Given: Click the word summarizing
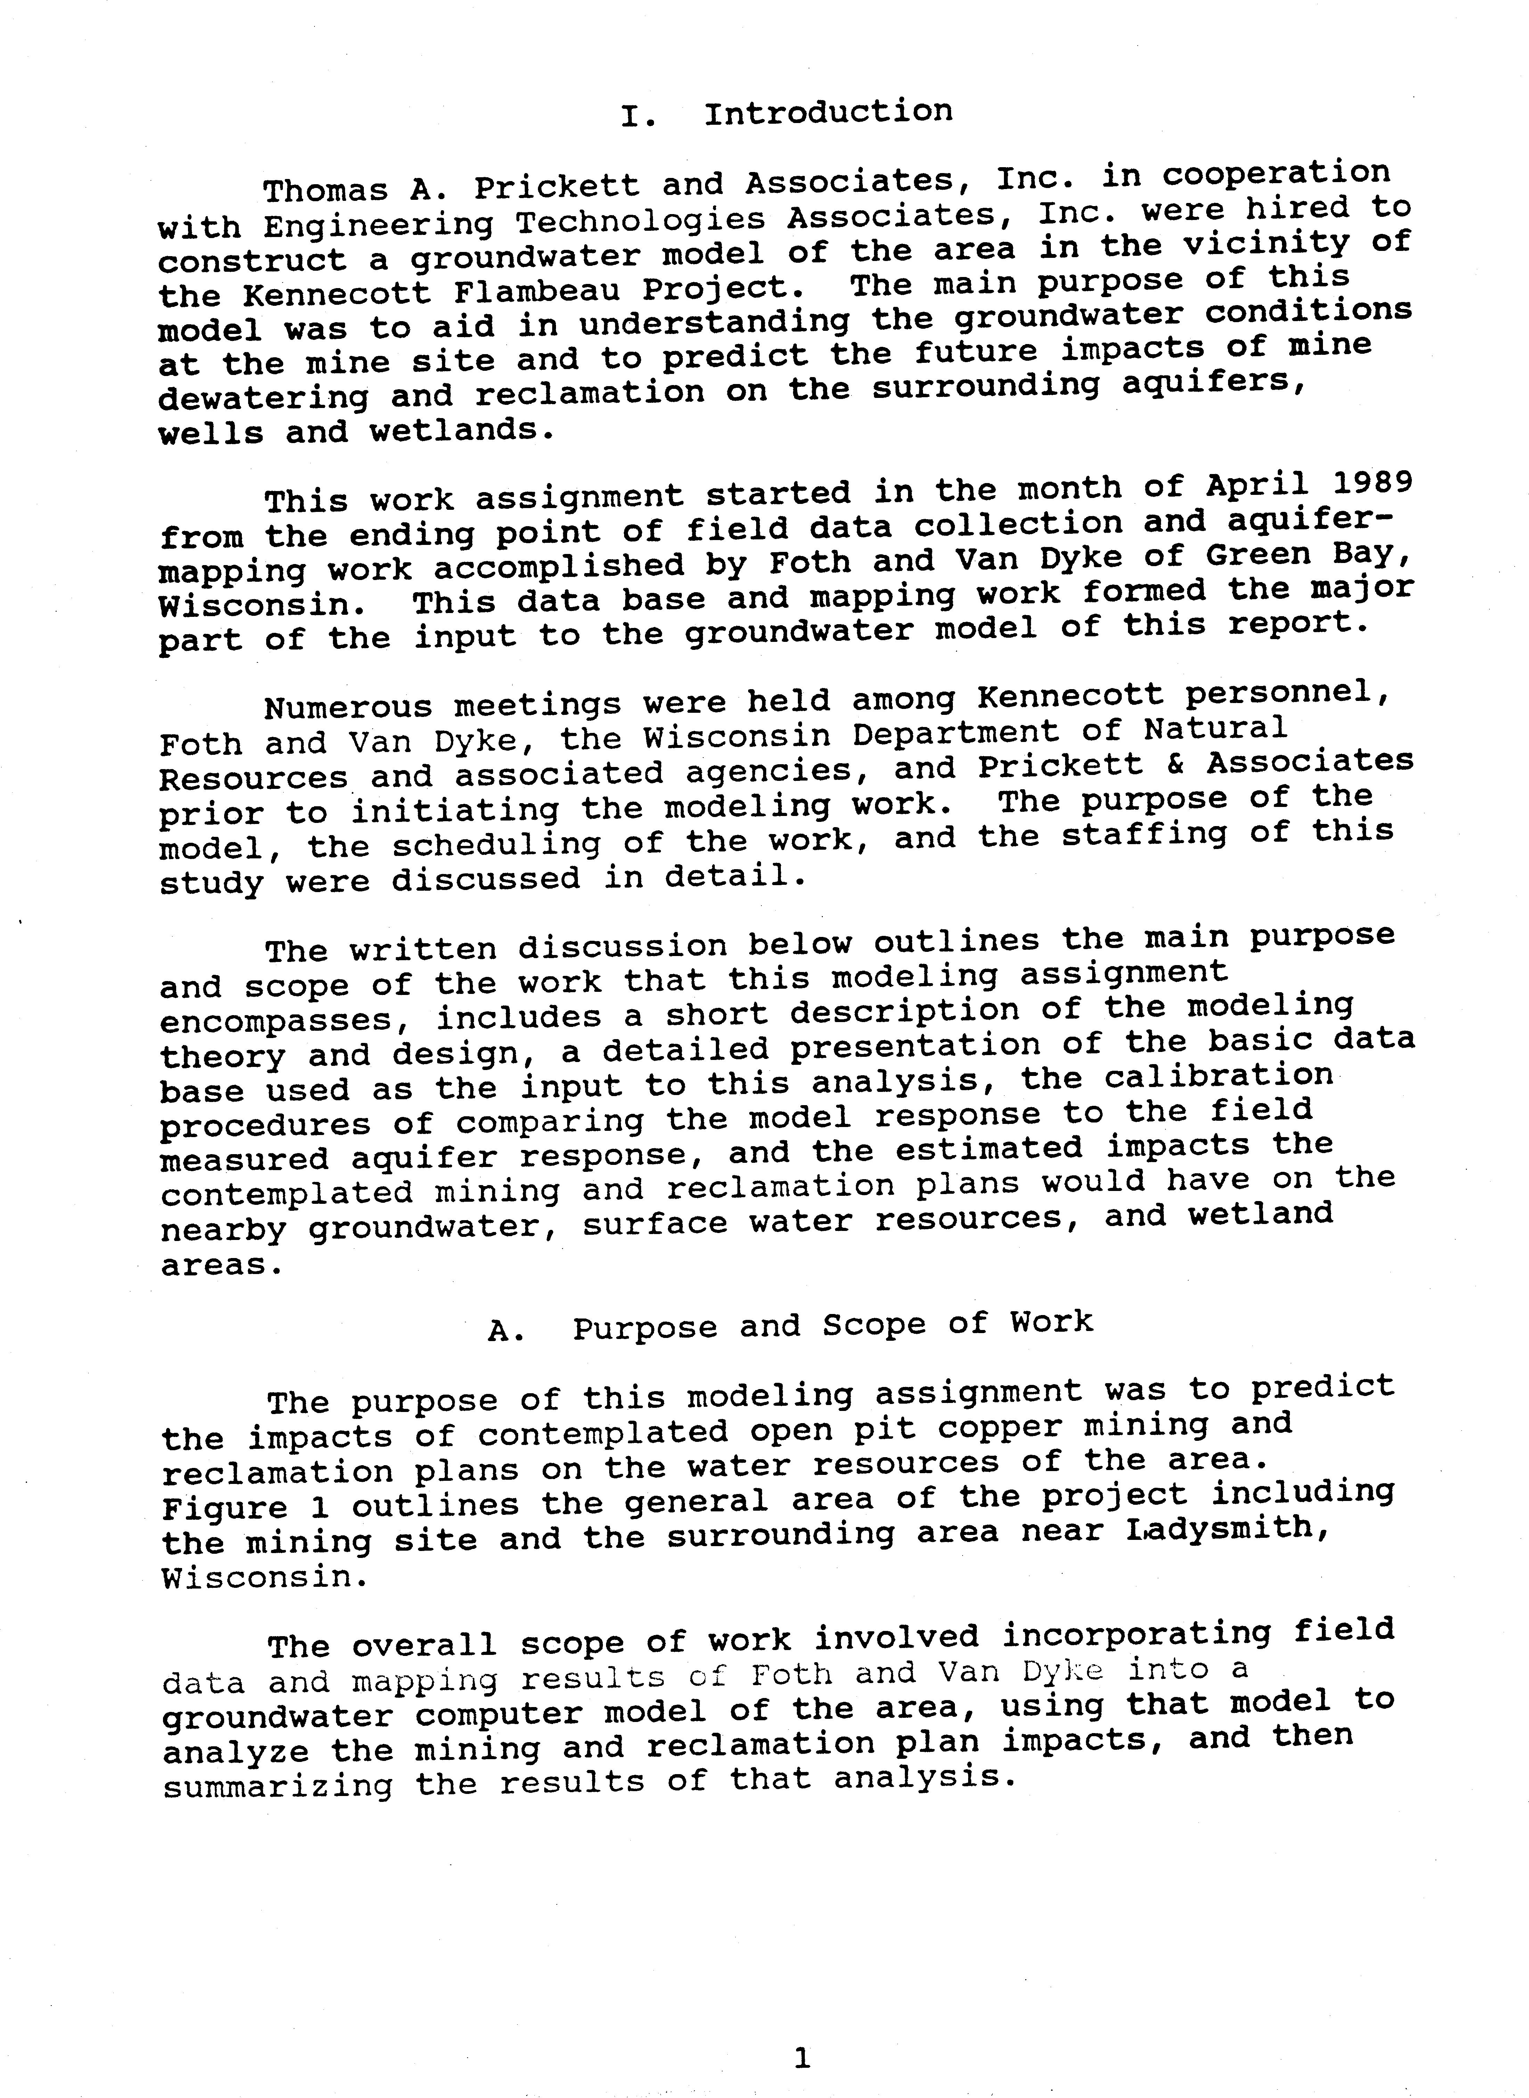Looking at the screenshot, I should tap(278, 1784).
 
